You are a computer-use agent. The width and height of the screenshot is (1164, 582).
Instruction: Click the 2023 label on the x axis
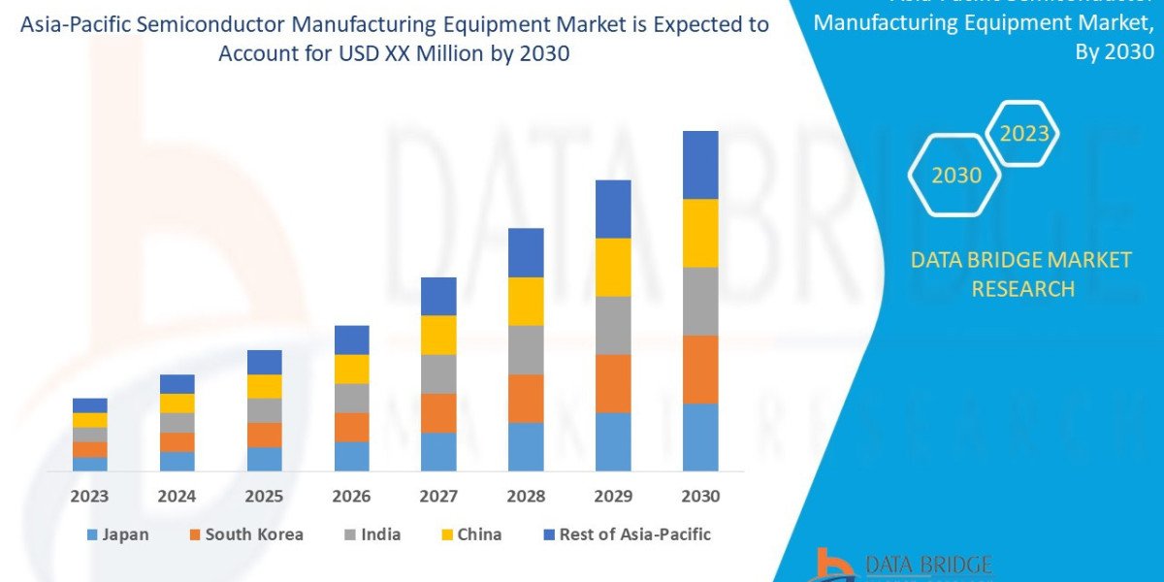(x=89, y=496)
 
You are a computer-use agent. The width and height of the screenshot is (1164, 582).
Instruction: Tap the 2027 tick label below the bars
(x=438, y=496)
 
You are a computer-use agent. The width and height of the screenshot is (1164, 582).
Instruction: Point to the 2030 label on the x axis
(x=700, y=496)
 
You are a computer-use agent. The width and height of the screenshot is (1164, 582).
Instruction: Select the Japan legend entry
(x=117, y=534)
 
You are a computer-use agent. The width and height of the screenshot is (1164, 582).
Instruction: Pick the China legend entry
(x=472, y=534)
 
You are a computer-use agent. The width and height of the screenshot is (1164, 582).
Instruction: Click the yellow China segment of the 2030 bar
(x=700, y=233)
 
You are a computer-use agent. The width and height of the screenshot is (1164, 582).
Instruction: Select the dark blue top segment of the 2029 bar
(x=613, y=209)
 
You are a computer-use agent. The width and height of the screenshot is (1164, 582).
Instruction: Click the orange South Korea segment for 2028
(x=526, y=398)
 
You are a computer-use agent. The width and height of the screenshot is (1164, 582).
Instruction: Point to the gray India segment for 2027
(x=438, y=373)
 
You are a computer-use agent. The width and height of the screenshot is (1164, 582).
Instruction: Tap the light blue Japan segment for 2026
(x=351, y=456)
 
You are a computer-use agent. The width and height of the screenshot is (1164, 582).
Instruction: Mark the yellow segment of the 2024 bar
(x=177, y=403)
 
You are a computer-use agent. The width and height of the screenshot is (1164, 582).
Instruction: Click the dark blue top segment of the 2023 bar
(x=89, y=404)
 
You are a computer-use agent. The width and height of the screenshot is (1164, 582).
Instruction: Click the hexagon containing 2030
(x=955, y=175)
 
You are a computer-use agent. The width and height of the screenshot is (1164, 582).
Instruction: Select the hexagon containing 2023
(x=1024, y=133)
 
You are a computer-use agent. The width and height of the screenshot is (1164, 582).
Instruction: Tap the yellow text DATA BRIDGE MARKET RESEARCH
(x=1021, y=274)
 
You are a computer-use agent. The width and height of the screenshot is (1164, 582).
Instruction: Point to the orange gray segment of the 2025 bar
(x=264, y=410)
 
